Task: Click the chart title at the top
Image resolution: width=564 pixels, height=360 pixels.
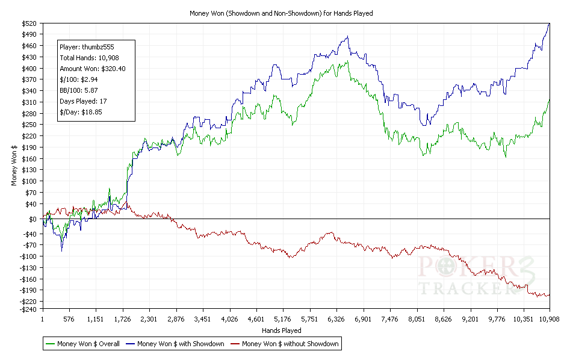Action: pos(281,13)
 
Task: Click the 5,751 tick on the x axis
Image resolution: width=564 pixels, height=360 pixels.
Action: pos(309,319)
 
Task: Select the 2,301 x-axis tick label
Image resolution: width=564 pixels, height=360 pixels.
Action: pos(149,319)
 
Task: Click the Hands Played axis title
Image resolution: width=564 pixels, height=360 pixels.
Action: pos(282,331)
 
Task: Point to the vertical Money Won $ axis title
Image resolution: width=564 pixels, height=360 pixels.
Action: pos(14,166)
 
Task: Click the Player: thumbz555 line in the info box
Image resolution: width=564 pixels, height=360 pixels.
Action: pos(87,46)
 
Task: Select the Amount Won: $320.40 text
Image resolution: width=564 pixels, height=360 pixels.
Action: pos(93,69)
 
